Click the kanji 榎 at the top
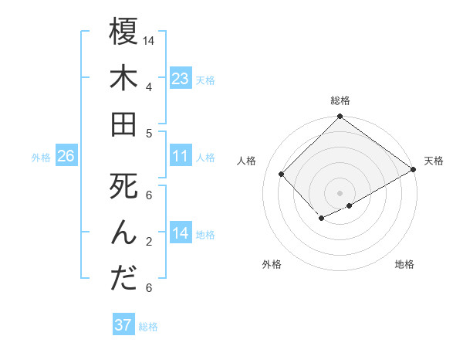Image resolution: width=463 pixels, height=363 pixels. click(x=123, y=32)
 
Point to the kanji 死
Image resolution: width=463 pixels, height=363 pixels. click(x=123, y=187)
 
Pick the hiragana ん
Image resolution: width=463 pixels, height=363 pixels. click(x=123, y=232)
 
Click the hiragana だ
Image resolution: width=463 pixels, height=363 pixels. click(x=123, y=279)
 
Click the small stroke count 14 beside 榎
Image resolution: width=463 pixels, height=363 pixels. click(x=149, y=39)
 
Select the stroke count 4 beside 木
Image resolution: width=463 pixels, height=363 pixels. click(x=149, y=87)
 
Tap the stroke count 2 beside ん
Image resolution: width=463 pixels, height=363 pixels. click(x=149, y=242)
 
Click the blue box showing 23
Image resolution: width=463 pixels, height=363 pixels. click(x=180, y=79)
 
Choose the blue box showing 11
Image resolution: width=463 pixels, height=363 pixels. click(x=180, y=156)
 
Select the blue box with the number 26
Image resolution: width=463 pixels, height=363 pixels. click(x=66, y=156)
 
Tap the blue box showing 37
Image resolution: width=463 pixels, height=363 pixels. click(x=123, y=325)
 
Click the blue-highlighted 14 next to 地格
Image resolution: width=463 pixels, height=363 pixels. click(x=180, y=233)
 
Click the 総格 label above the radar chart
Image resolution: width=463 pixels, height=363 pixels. click(x=340, y=100)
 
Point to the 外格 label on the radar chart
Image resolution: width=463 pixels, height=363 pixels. click(x=272, y=264)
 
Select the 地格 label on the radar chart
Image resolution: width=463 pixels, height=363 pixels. click(x=404, y=264)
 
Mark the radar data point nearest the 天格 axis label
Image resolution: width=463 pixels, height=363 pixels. click(x=414, y=170)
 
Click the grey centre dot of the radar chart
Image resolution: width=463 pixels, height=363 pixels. click(x=340, y=192)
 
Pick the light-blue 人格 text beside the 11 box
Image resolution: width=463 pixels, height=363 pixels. click(x=205, y=157)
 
